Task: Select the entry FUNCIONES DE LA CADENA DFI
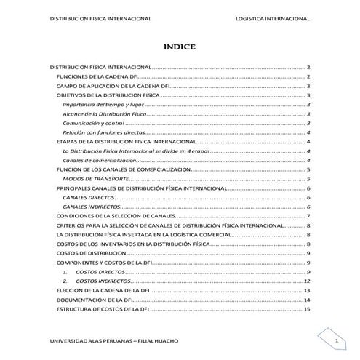(x=97, y=76)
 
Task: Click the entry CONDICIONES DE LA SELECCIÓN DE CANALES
(x=118, y=216)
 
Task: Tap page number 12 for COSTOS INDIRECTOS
(x=308, y=281)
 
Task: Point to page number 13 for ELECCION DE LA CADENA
(x=308, y=291)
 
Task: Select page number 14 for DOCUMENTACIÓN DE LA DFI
(x=308, y=300)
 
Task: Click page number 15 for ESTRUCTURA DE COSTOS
(x=308, y=309)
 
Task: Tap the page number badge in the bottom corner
(x=336, y=340)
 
